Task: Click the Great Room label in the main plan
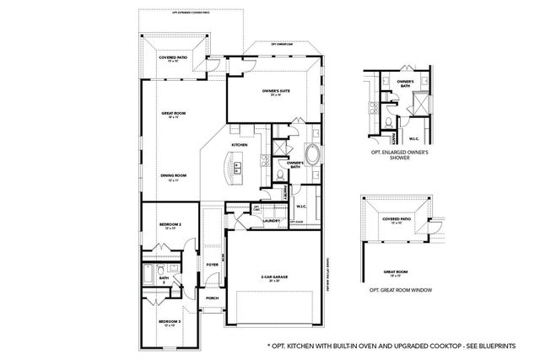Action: point(174,114)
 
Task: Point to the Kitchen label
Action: point(240,145)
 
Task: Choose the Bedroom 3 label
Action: point(170,322)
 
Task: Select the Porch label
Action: point(212,298)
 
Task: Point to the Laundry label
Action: point(272,222)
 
